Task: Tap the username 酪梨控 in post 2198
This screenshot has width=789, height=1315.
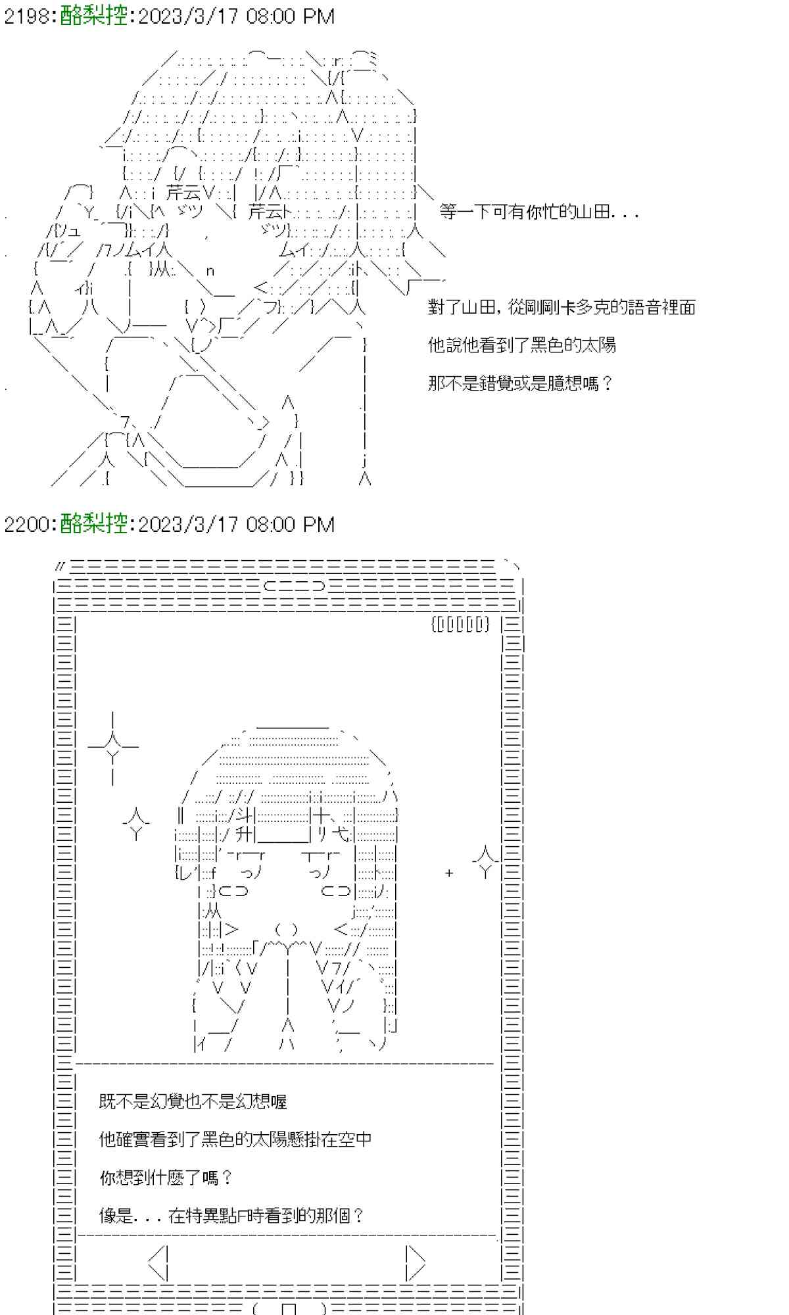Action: pos(93,16)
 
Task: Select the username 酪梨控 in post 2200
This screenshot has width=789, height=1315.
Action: pos(93,524)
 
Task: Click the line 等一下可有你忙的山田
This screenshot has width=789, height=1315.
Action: pos(538,212)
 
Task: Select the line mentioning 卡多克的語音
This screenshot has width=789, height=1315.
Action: pos(562,307)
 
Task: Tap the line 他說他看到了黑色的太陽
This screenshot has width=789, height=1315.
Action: pos(522,345)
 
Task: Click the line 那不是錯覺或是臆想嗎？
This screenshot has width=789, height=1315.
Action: pos(520,383)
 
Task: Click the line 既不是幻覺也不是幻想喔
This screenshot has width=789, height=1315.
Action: pos(193,1101)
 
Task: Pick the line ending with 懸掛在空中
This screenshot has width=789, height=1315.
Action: pos(235,1139)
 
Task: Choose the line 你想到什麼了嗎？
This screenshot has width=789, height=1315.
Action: pos(166,1178)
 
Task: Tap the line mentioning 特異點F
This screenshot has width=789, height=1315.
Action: pos(231,1216)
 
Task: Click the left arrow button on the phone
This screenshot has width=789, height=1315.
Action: pos(160,1262)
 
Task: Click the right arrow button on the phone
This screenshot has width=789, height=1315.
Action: pos(415,1262)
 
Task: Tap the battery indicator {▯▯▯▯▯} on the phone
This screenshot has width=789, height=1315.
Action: pos(461,624)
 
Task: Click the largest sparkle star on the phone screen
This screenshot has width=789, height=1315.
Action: pos(112,748)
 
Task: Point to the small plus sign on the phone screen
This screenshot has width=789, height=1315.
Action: pos(449,873)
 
